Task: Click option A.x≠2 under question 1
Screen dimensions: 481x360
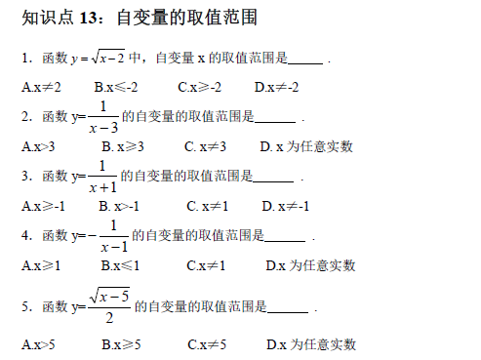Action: point(41,87)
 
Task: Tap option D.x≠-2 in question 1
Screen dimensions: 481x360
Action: point(277,87)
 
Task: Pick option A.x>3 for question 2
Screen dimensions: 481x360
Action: point(38,146)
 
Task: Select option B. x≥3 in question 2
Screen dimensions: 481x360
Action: point(123,146)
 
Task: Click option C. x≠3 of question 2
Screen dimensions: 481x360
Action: point(205,146)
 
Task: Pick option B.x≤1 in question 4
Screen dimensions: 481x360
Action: point(121,264)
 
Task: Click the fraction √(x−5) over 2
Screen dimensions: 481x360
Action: point(108,305)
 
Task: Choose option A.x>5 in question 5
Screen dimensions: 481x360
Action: point(38,344)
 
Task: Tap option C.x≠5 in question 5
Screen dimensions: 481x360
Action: point(207,344)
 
